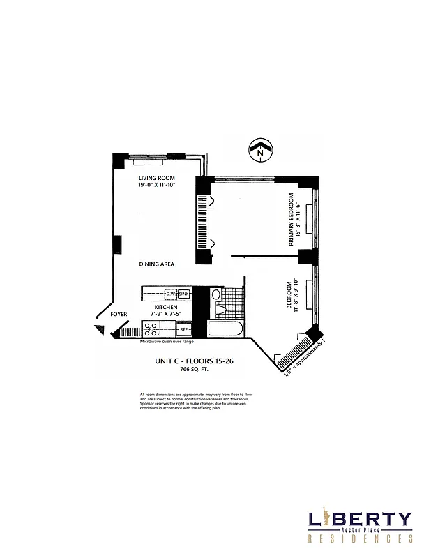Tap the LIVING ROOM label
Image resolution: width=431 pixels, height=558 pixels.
click(156, 179)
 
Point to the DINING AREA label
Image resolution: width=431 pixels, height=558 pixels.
click(156, 264)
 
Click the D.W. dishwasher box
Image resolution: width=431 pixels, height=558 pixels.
click(169, 294)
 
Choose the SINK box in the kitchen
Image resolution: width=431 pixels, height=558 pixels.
click(183, 294)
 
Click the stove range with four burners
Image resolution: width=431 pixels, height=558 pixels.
click(150, 329)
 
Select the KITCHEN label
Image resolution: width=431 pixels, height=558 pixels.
click(166, 307)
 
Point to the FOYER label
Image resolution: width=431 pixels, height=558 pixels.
click(119, 315)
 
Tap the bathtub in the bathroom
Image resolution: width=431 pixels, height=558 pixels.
click(225, 329)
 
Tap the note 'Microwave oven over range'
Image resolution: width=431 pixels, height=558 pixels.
click(167, 342)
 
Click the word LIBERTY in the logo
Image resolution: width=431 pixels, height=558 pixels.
click(360, 520)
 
